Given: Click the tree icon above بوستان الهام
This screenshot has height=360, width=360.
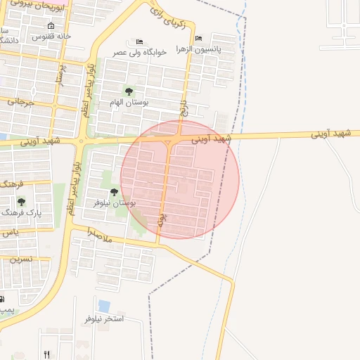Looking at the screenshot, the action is pos(128,91).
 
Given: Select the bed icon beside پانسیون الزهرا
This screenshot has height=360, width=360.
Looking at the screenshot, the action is pos(199,39).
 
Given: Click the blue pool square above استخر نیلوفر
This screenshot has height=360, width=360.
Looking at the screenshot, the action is pos(104,307).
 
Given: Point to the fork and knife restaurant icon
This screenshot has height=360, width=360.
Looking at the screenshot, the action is pos(47,354).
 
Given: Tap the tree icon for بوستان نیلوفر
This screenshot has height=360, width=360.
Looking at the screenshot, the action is pos(114,192).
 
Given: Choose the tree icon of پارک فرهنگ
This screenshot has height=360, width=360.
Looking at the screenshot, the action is pos(22,202).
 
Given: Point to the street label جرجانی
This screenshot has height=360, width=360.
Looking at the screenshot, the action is pos(21,102).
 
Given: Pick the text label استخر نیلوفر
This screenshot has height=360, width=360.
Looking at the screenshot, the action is pos(104,319).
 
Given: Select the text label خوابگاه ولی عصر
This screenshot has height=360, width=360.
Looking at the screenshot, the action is pos(139,52).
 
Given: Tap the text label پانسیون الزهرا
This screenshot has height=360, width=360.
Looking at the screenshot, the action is pos(217,49).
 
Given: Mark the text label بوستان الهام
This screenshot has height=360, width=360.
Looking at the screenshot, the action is pos(126,103).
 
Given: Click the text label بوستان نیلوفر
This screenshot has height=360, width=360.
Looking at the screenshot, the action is pos(115,202).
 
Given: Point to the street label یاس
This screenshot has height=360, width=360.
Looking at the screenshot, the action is pos(8,232).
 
